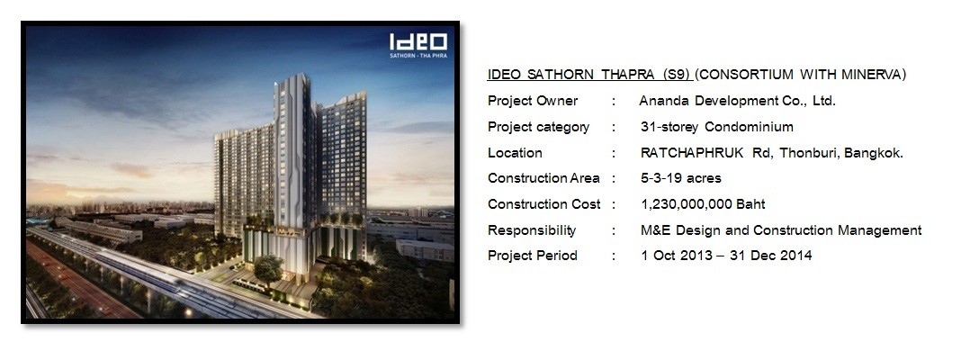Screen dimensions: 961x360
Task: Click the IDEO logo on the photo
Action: [x=418, y=41]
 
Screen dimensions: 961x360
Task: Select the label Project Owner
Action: [x=533, y=101]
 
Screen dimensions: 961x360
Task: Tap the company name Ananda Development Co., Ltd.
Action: [x=737, y=101]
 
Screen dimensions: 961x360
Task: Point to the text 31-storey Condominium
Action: [x=717, y=127]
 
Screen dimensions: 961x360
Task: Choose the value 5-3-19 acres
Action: [x=681, y=178]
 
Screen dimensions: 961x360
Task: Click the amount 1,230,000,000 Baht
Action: [x=703, y=204]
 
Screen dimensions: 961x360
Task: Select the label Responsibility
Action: [x=532, y=230]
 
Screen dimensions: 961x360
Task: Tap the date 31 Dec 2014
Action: [x=771, y=256]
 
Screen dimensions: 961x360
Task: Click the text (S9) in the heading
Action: [x=677, y=75]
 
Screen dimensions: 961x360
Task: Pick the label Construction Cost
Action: [x=544, y=204]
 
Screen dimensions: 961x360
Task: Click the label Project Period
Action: [x=533, y=256]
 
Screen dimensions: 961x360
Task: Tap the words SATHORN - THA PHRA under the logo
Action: [x=418, y=56]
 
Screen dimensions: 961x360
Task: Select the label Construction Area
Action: [x=543, y=178]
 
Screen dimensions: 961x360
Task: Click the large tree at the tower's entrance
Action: [x=268, y=268]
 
